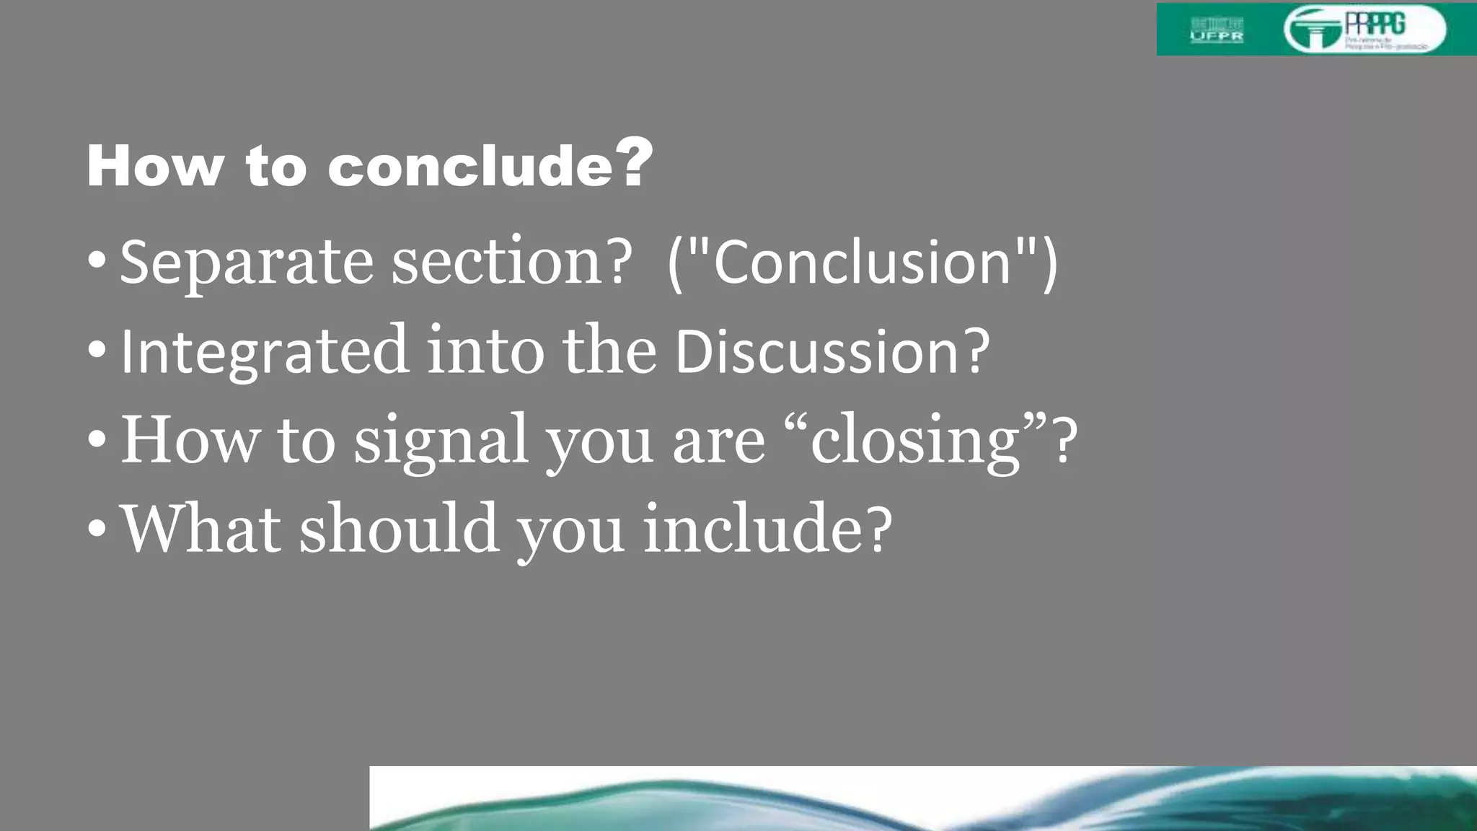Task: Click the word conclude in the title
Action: [470, 166]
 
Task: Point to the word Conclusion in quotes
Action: [863, 263]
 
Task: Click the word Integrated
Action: [264, 352]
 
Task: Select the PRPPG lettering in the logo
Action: [1375, 23]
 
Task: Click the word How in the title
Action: [155, 166]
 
